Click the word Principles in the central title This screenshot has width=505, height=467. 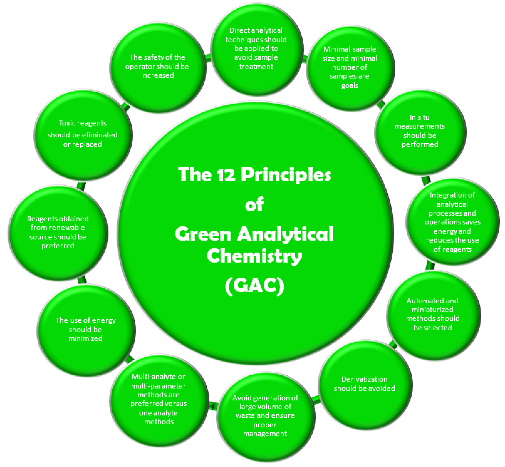click(286, 175)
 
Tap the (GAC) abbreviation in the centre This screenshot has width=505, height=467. click(254, 286)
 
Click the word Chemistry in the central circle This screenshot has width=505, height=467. click(254, 256)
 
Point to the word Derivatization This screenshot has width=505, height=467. click(364, 379)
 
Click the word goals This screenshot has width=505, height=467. click(350, 86)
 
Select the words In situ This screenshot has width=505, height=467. click(420, 117)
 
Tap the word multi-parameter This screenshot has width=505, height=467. click(159, 386)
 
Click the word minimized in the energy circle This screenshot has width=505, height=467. click(85, 338)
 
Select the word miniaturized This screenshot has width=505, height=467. click(432, 310)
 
